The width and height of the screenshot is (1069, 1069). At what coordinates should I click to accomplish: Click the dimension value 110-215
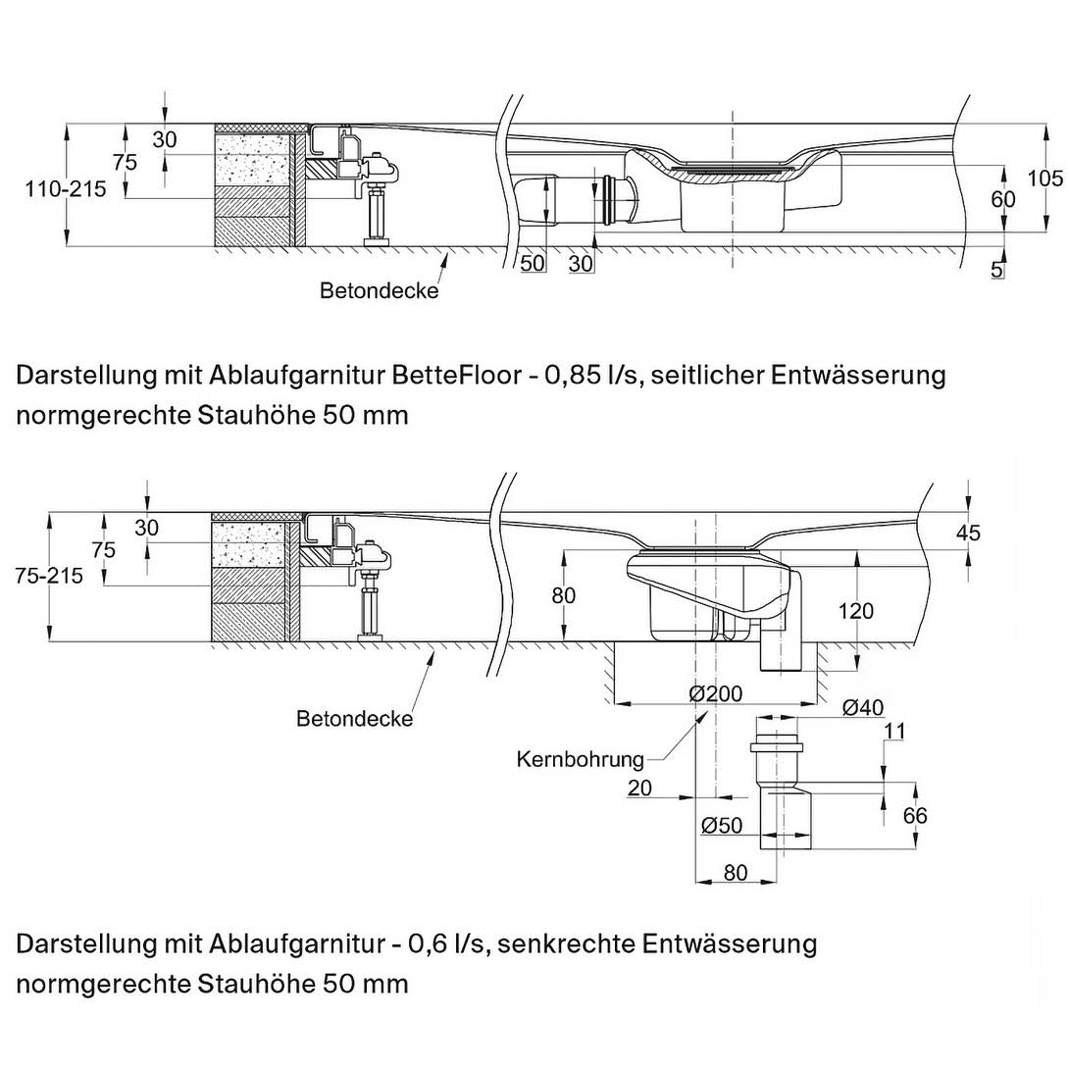66,189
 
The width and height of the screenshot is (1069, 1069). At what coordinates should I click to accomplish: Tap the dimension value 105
1045,178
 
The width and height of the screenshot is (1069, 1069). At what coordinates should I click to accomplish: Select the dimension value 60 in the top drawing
1002,199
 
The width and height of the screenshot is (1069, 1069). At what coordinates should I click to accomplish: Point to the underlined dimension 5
996,270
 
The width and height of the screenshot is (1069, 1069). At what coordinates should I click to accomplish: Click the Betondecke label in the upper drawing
379,291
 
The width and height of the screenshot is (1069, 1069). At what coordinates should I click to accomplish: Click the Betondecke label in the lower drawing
354,719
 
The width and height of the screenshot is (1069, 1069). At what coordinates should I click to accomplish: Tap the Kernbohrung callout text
581,759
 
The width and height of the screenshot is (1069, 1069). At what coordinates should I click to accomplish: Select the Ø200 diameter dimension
716,693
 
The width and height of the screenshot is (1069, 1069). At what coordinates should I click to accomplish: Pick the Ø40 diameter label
864,708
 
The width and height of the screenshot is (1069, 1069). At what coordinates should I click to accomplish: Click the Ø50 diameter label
722,827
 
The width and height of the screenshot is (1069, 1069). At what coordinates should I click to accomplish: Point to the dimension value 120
856,611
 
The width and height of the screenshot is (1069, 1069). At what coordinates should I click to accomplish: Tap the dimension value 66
914,816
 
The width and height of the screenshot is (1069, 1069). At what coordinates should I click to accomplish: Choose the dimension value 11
893,731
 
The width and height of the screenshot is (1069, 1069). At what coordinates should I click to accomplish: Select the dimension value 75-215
50,576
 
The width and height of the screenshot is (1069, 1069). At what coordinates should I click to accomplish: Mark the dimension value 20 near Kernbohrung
639,788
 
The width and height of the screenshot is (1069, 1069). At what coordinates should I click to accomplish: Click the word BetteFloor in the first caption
456,376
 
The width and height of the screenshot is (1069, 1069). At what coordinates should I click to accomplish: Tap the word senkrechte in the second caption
570,944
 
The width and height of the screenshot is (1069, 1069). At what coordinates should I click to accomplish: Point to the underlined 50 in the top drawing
532,263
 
